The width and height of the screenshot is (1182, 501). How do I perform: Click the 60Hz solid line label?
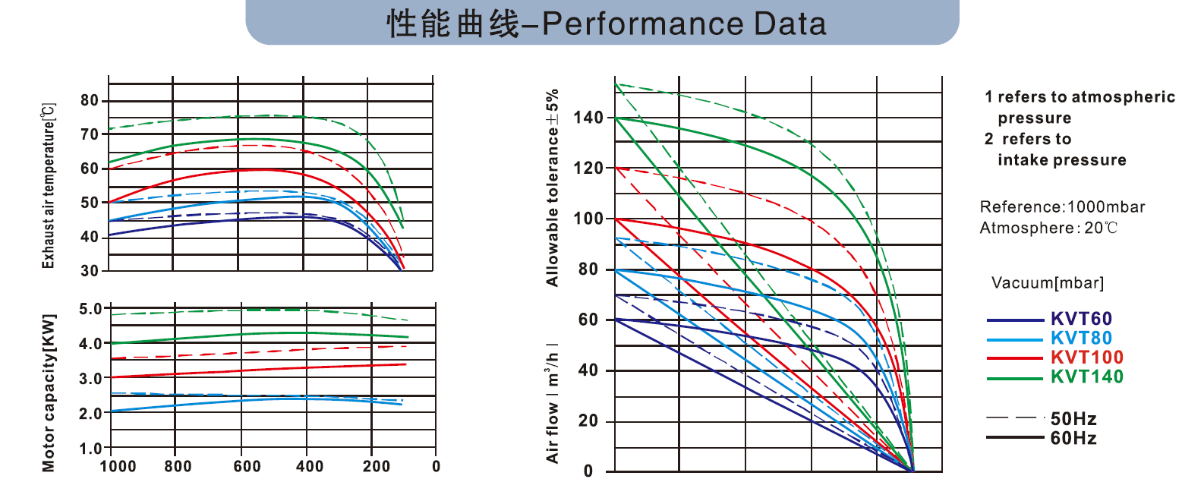click(x=1073, y=438)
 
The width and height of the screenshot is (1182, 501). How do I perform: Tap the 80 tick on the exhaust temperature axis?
click(x=90, y=101)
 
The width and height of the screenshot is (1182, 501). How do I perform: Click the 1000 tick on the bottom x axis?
click(x=118, y=466)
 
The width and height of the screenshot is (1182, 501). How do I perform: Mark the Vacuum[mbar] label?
click(x=1048, y=284)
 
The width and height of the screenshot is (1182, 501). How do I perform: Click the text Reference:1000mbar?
click(x=1062, y=207)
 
